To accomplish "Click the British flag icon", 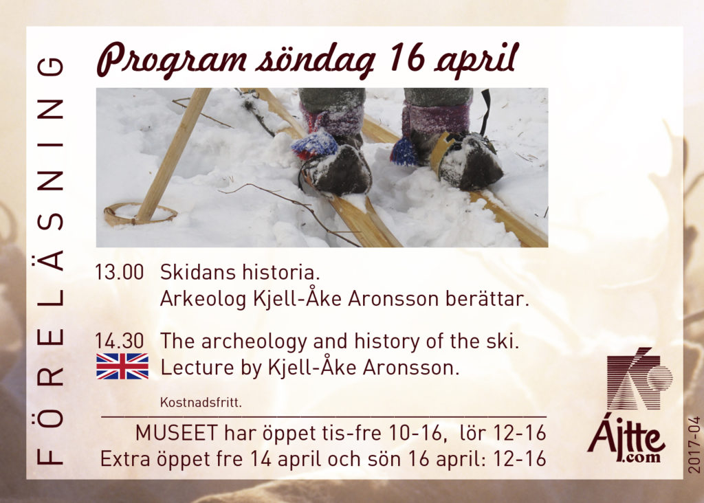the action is pyautogui.click(x=122, y=366).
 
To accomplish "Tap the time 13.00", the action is pyautogui.click(x=120, y=272).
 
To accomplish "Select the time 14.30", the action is pyautogui.click(x=120, y=341).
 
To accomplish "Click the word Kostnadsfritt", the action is pyautogui.click(x=201, y=402).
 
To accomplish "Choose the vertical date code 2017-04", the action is pyautogui.click(x=694, y=445).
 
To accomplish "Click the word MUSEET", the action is pyautogui.click(x=177, y=434).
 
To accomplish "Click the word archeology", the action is pyautogui.click(x=254, y=342).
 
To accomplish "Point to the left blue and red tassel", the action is pyautogui.click(x=314, y=144).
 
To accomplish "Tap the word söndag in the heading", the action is pyautogui.click(x=315, y=60).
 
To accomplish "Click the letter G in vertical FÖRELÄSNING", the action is pyautogui.click(x=49, y=67).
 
